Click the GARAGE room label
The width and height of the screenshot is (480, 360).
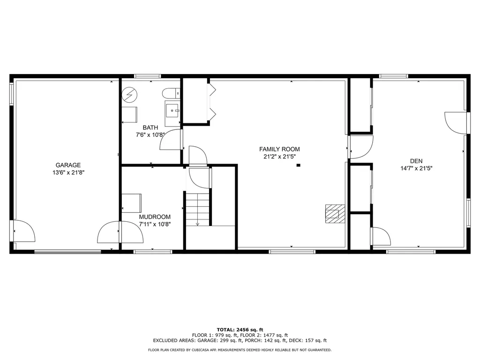pyautogui.click(x=68, y=165)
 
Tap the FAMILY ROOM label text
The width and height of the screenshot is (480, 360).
pyautogui.click(x=279, y=149)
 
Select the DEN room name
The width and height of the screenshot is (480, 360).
pyautogui.click(x=416, y=161)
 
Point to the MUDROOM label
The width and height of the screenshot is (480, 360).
pyautogui.click(x=155, y=217)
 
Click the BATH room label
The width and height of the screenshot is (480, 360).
pyautogui.click(x=150, y=127)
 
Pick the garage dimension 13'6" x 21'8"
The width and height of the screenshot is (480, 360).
pyautogui.click(x=68, y=172)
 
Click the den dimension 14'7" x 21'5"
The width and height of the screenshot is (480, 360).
pyautogui.click(x=416, y=168)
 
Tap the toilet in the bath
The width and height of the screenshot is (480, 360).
pyautogui.click(x=171, y=93)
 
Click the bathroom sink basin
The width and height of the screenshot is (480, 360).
pyautogui.click(x=172, y=110)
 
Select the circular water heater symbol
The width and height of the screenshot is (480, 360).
pyautogui.click(x=129, y=95)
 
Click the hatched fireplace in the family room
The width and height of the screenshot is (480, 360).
pyautogui.click(x=335, y=214)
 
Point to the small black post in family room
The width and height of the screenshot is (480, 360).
pyautogui.click(x=299, y=165)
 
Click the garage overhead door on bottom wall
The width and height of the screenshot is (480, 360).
pyautogui.click(x=67, y=252)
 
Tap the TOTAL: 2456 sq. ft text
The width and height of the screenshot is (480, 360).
pyautogui.click(x=240, y=330)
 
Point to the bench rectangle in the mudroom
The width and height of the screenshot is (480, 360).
pyautogui.click(x=132, y=203)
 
